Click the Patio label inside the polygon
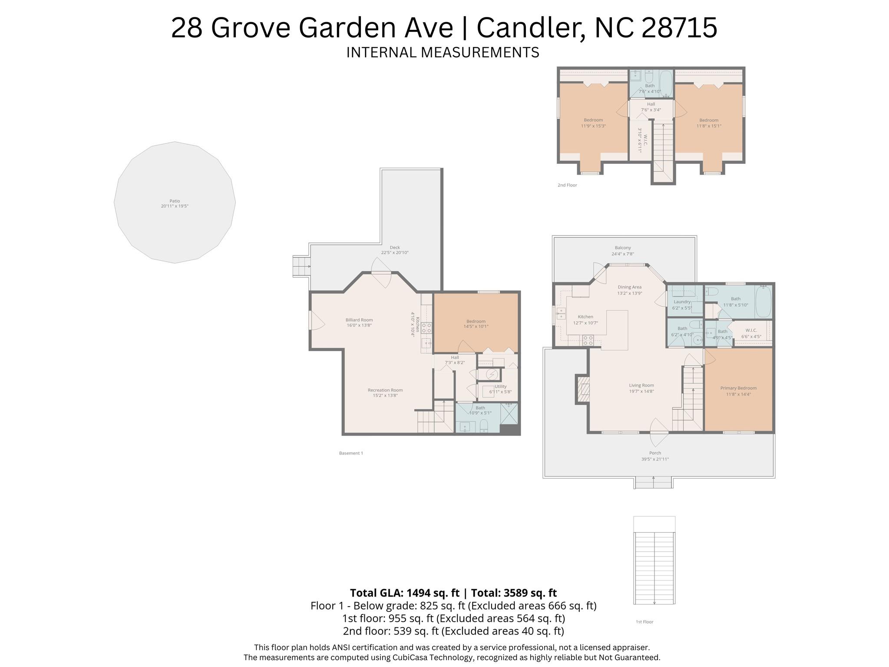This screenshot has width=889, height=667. tap(175, 203)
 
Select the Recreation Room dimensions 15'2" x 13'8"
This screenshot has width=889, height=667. tap(385, 395)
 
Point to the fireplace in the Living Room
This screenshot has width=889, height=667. tap(583, 389)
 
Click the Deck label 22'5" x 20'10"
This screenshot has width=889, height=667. tap(394, 250)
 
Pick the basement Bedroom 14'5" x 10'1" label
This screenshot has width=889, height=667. tap(476, 324)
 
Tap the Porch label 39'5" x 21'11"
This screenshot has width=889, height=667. tap(654, 456)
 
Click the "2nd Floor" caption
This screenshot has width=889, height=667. tap(567, 185)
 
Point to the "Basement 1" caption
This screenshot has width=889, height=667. tap(350, 453)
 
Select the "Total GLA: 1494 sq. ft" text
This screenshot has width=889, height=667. tap(404, 593)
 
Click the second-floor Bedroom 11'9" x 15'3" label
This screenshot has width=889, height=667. tap(593, 123)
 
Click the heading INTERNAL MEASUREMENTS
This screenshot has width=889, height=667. tap(442, 52)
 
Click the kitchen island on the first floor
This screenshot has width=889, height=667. tap(617, 329)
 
